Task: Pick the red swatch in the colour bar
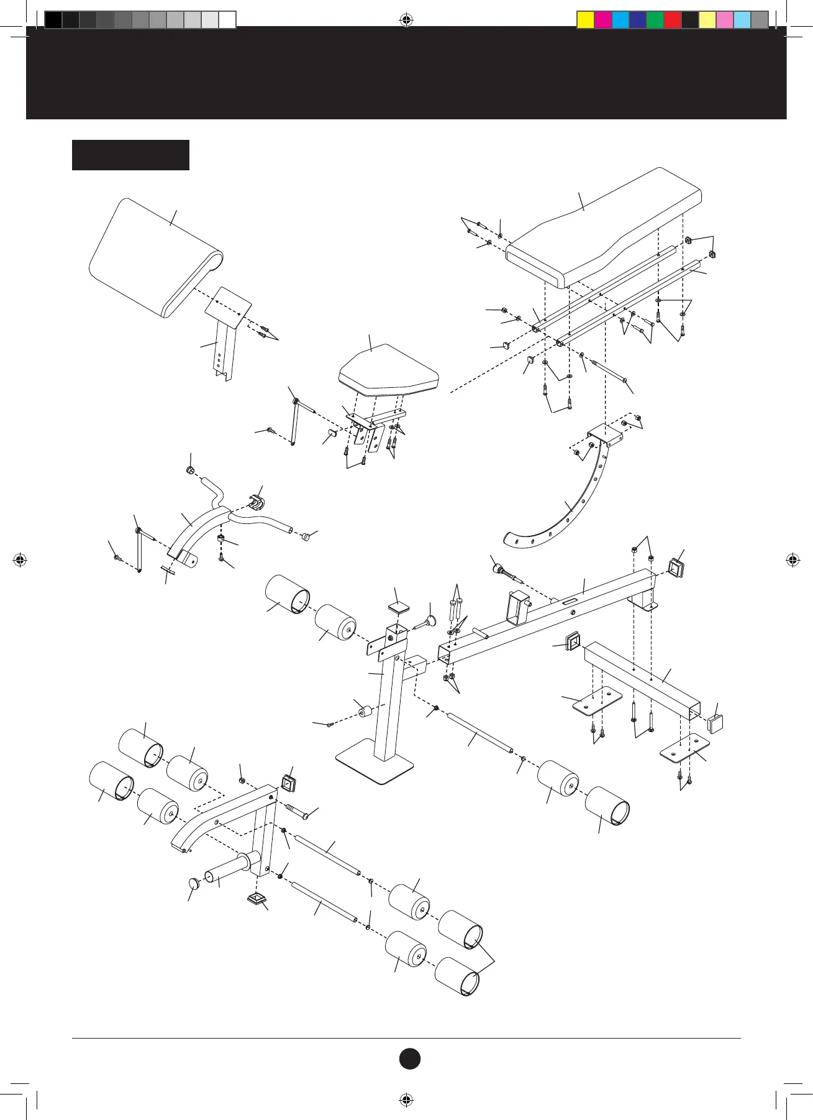[x=673, y=20]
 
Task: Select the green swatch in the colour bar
[x=655, y=20]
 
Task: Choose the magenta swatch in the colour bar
[x=603, y=20]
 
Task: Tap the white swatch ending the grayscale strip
[x=227, y=20]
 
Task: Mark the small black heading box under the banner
[x=130, y=155]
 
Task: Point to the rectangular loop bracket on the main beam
[x=517, y=607]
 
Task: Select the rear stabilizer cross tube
[x=643, y=677]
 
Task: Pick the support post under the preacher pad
[x=227, y=354]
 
